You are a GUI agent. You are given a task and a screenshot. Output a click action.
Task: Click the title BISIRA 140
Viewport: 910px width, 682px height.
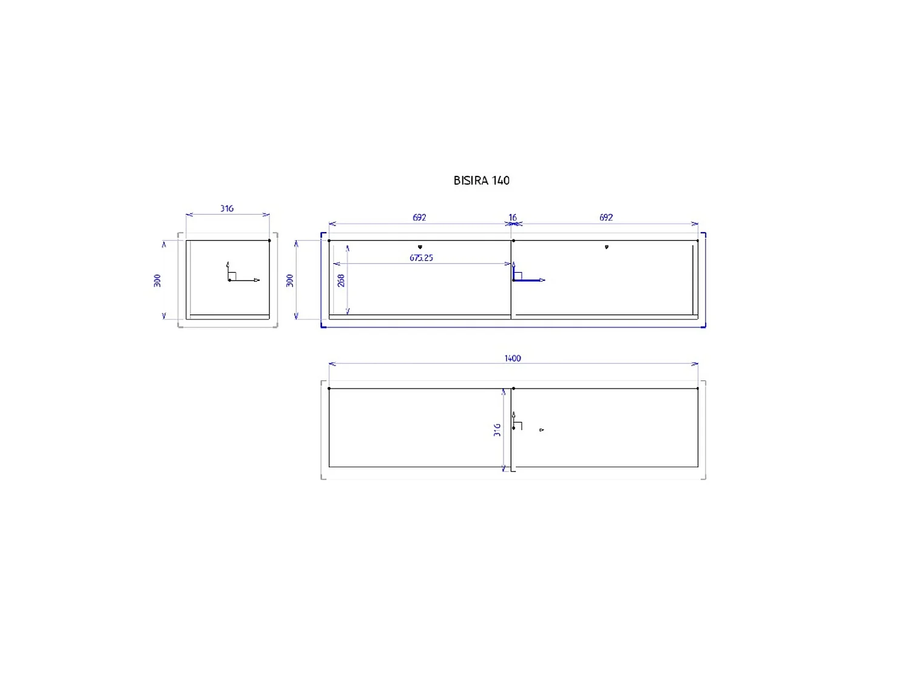(x=481, y=181)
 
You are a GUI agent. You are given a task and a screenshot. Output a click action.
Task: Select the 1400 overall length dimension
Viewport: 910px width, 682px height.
(x=513, y=358)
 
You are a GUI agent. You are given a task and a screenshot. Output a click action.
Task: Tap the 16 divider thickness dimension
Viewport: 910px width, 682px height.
(x=513, y=218)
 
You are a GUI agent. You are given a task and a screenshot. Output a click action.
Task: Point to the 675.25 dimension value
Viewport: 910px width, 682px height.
(x=421, y=258)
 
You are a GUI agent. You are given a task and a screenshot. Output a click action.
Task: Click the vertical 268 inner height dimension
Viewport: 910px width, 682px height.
(x=341, y=280)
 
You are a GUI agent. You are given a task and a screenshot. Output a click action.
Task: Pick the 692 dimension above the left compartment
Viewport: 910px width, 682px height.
(x=419, y=218)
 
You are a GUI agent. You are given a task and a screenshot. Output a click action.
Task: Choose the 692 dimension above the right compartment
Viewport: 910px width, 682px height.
(x=605, y=218)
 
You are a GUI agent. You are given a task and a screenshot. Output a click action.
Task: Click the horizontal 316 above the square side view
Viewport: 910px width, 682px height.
(x=227, y=209)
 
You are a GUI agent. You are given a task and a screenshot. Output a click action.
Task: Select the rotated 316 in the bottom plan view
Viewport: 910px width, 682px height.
(x=497, y=430)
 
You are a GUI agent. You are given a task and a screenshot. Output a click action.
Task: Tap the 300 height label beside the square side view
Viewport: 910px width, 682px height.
(x=157, y=280)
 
